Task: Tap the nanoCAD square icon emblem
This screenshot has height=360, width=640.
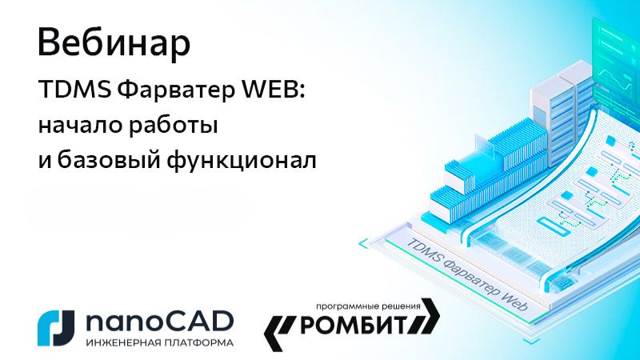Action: pyautogui.click(x=57, y=326)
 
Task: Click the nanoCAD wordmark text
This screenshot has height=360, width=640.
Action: pyautogui.click(x=158, y=321)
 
